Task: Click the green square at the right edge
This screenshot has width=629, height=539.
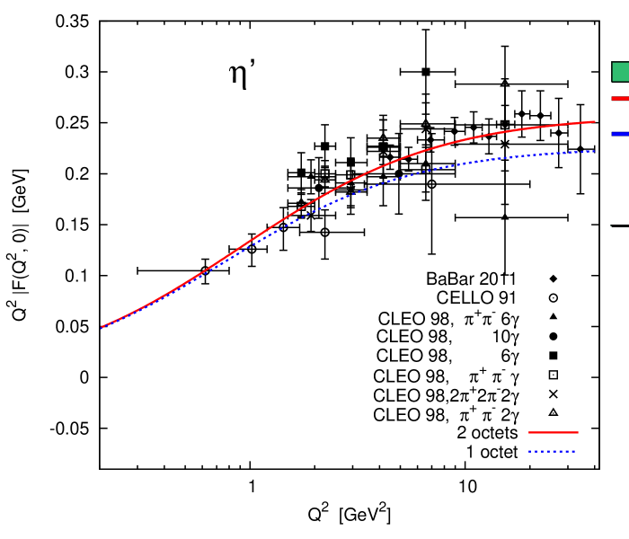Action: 621,72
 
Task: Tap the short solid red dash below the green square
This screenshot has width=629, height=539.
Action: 621,98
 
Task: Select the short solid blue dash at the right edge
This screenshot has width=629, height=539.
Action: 621,133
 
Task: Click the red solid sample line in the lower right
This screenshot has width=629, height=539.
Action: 553,432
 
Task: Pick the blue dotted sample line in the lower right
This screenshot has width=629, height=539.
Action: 552,451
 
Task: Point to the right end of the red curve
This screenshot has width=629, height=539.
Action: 594,121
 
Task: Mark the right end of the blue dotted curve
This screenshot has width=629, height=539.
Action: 594,151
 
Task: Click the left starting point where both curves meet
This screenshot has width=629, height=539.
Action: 102,327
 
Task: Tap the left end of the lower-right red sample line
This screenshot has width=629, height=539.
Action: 529,432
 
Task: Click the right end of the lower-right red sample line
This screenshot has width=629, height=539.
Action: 578,432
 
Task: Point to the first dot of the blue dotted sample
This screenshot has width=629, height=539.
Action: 529,451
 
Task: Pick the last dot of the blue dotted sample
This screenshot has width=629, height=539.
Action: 574,451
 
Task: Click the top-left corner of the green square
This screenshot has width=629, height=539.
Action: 613,63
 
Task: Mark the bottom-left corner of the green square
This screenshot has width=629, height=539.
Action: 613,81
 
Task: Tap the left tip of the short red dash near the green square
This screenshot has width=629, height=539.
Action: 613,98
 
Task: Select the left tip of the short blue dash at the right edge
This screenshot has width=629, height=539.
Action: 613,133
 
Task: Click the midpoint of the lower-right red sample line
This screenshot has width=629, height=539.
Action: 554,432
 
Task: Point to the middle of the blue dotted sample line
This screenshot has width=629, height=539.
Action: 552,451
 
